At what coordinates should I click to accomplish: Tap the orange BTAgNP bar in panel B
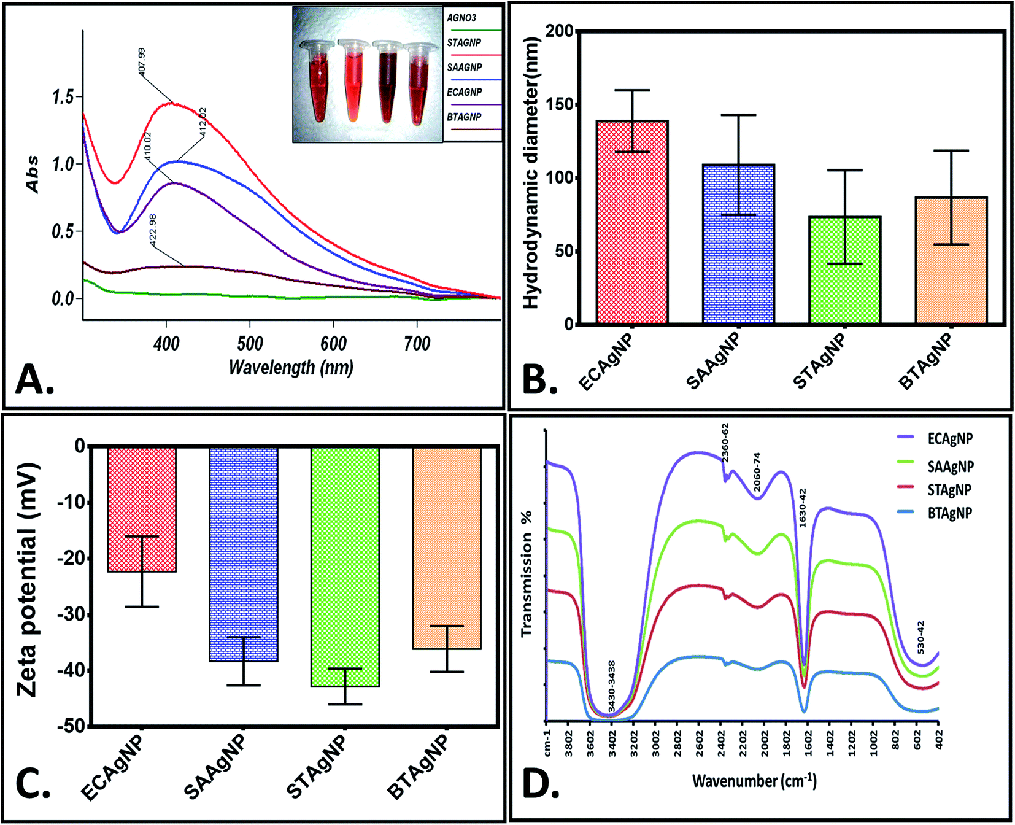[x=951, y=260]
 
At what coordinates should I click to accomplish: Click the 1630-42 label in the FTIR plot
[x=802, y=508]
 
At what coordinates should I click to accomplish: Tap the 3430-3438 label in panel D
[x=611, y=686]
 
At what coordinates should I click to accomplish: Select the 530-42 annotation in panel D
[x=920, y=638]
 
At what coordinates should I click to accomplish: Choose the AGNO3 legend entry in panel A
[x=461, y=18]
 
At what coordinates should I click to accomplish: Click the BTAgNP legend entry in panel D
[x=949, y=513]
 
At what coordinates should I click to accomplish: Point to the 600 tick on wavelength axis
[x=333, y=343]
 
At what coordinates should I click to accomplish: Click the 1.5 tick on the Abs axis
[x=63, y=97]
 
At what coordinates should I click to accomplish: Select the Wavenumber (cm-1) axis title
[x=754, y=781]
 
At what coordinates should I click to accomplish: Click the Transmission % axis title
[x=527, y=573]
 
